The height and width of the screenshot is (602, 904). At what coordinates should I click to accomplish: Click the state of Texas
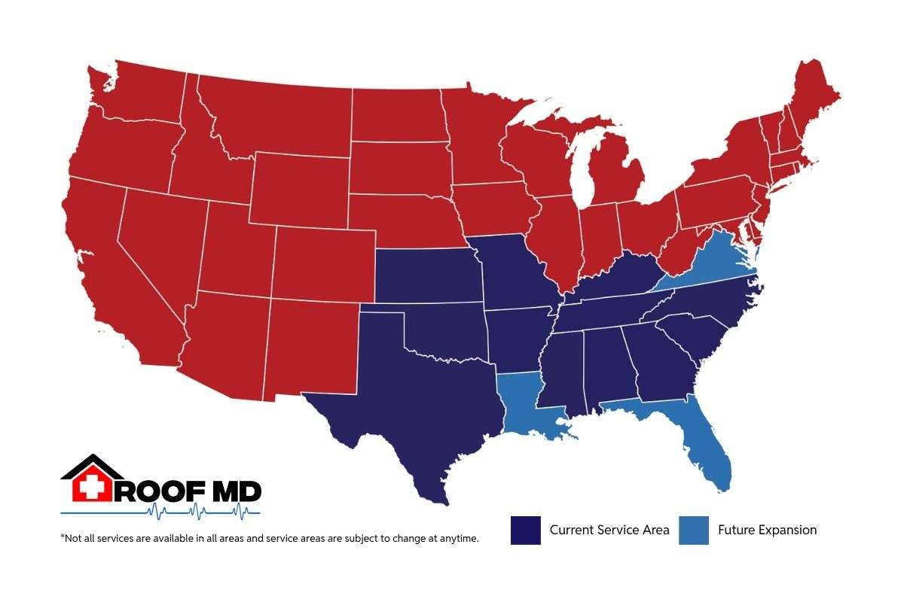point(422,406)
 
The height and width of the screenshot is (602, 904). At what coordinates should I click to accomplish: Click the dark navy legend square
point(525,530)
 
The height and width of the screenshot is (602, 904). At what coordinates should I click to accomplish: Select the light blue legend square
point(693,530)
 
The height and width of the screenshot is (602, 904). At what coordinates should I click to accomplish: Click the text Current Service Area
point(609,530)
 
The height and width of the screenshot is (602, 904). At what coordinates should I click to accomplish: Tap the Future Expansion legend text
point(767,530)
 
